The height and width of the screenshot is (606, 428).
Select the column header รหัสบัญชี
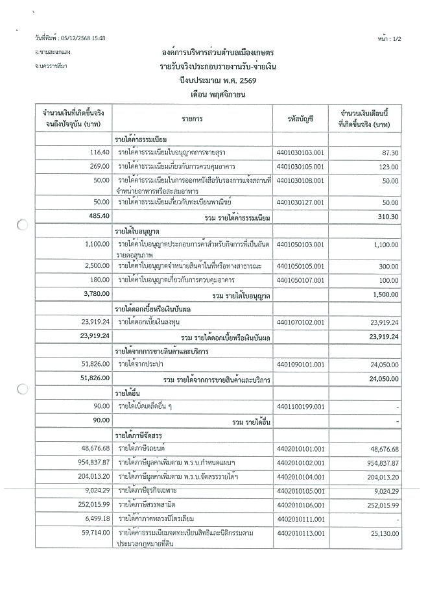click(x=300, y=119)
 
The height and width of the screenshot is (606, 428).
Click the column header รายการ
click(x=193, y=119)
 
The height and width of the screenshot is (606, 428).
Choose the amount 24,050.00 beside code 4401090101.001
click(x=382, y=365)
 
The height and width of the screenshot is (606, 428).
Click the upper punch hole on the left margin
click(x=21, y=226)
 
